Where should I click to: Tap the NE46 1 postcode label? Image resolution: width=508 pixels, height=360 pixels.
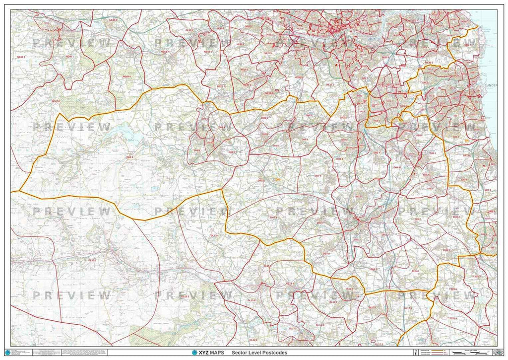71,57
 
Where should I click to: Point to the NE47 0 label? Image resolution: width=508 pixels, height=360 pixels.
55,101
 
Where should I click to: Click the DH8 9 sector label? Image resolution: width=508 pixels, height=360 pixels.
129,157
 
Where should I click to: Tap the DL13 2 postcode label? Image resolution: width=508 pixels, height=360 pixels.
93,260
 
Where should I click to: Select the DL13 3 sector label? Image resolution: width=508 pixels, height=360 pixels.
184,296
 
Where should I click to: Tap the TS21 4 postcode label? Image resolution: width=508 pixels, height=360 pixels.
453,318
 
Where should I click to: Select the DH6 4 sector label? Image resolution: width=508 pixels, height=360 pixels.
415,271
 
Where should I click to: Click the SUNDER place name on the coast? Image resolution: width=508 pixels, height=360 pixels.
491,85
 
